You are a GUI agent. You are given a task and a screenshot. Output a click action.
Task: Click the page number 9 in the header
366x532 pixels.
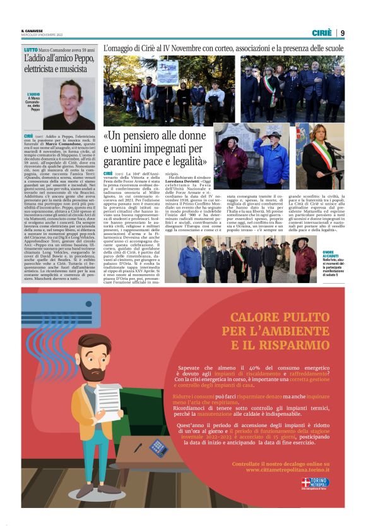point(343,33)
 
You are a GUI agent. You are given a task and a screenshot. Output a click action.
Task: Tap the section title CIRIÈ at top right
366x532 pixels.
point(322,33)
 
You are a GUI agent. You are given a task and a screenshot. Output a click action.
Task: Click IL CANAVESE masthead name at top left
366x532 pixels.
point(32,30)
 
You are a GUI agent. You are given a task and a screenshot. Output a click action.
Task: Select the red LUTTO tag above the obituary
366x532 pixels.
point(30,49)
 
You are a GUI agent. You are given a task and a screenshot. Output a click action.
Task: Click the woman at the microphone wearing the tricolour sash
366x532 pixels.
point(328,155)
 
